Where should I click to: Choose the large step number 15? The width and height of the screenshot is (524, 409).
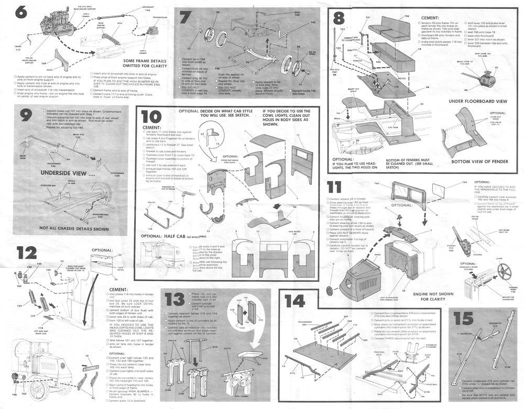463,319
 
